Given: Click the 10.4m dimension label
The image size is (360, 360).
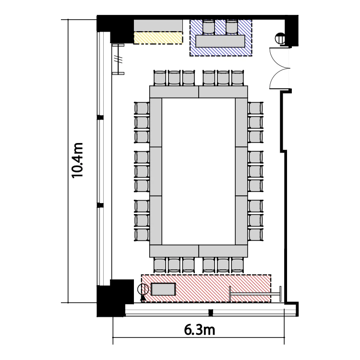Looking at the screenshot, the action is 77,160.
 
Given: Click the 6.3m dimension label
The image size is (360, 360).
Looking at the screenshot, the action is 200,330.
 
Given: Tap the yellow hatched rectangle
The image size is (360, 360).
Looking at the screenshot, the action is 158,37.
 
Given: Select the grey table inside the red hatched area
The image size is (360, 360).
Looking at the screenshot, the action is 163,289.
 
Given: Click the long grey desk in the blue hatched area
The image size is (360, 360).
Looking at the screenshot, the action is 220,41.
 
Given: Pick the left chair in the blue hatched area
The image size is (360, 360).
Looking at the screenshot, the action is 209,27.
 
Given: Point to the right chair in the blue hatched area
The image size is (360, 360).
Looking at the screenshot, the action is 232,27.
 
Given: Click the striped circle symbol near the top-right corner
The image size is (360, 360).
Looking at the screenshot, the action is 280,38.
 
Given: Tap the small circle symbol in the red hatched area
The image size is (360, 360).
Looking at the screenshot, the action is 143,289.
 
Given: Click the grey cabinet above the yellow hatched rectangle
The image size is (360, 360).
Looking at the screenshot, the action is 158,25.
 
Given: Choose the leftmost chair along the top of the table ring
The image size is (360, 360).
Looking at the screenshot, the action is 159,78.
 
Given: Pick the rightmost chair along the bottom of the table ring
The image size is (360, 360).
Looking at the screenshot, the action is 238,265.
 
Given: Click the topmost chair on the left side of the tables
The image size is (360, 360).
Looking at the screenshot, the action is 142,108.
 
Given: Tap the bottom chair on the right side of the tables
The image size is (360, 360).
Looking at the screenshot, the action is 255,235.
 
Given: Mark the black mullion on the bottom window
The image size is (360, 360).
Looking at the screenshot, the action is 211,312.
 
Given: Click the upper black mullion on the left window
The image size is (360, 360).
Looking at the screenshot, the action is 100,118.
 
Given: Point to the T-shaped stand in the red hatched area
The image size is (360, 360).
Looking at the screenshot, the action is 255,294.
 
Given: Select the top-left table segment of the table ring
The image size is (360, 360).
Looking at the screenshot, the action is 174,92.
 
